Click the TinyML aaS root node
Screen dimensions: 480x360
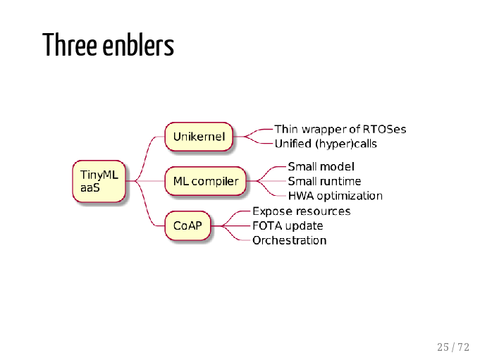[99, 181]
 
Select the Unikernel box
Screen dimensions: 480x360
[199, 137]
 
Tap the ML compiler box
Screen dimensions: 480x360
[206, 181]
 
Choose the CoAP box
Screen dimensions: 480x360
[187, 225]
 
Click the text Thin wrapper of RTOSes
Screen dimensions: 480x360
[340, 130]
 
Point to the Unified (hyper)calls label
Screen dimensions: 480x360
[326, 144]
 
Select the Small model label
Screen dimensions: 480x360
[321, 167]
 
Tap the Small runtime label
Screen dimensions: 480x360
[324, 181]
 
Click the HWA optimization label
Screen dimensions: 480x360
[336, 196]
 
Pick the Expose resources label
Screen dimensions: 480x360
[302, 211]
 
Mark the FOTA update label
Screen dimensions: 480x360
[288, 225]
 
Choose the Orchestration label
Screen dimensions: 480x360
[289, 240]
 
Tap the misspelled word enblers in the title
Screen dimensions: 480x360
[138, 45]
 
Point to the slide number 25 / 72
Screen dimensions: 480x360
[453, 347]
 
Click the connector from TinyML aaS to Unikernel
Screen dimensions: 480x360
[145, 159]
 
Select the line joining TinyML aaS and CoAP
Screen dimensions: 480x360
[145, 204]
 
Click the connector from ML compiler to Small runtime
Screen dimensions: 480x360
[266, 181]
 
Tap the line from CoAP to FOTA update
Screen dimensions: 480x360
[230, 225]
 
